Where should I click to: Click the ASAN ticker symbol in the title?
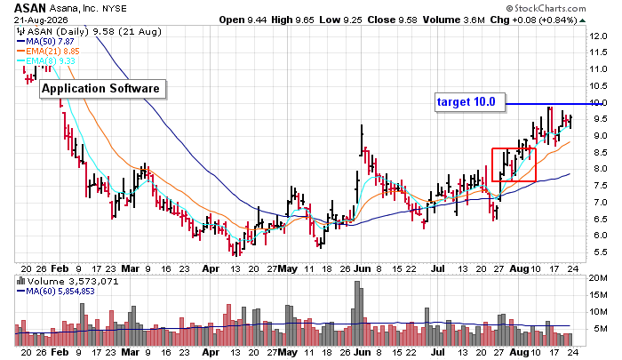click(30, 8)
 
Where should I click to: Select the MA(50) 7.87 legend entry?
click(45, 42)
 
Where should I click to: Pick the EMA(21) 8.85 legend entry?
click(48, 52)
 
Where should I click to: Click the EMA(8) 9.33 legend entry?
click(45, 60)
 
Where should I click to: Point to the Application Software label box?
click(103, 89)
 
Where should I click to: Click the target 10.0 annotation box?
click(470, 102)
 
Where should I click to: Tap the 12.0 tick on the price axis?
click(598, 36)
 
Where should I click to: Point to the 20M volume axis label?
click(598, 278)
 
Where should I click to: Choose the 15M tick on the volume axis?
click(598, 295)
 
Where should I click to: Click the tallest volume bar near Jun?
click(357, 313)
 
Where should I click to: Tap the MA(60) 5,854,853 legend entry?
click(55, 292)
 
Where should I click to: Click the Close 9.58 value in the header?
click(392, 20)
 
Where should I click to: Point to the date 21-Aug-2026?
click(41, 20)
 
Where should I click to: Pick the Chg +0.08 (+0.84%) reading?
click(533, 20)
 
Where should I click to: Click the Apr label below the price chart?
click(211, 268)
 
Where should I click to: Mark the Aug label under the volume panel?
click(519, 352)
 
